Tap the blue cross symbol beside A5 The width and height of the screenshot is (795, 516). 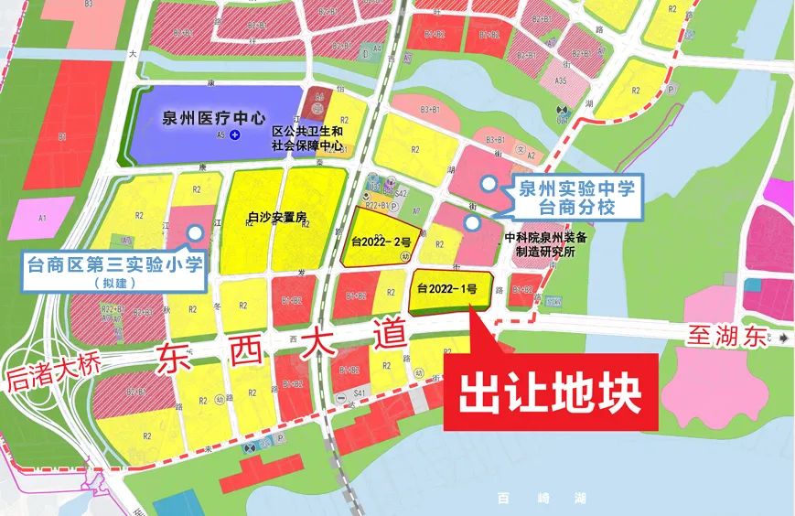(x=235, y=135)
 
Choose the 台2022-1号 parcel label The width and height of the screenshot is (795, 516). (x=447, y=289)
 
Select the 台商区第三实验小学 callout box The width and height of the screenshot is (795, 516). (x=113, y=267)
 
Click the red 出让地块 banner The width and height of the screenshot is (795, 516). (x=549, y=394)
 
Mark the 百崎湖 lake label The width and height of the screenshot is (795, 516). (x=516, y=499)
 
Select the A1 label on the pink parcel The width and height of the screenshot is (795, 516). (x=42, y=219)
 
